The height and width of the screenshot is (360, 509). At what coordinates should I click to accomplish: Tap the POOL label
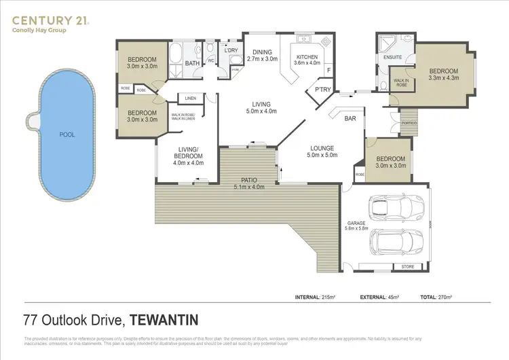(67, 134)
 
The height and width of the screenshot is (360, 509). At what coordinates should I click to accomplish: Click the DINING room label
(262, 52)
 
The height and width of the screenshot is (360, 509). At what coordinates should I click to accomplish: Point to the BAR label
(351, 118)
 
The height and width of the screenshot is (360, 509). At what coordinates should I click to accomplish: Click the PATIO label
(247, 180)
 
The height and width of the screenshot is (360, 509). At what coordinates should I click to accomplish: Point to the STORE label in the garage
(407, 267)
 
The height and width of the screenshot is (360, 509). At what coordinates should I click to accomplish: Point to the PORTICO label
(408, 123)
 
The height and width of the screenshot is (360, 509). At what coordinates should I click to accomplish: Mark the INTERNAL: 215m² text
(318, 298)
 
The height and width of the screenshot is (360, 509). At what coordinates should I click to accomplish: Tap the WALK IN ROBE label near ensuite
(400, 83)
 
